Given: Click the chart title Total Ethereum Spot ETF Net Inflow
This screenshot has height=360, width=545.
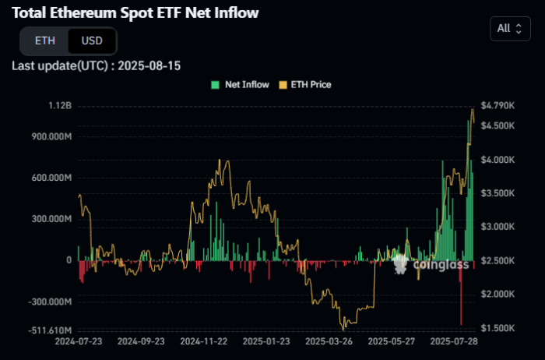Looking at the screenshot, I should point(135,13).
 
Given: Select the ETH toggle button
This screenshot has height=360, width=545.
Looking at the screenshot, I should point(45,41).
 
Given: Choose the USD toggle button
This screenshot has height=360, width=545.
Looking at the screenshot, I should point(92,41).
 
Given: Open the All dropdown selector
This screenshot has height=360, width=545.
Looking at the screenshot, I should point(509,29).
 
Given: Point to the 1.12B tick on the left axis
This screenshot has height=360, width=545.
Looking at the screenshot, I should point(59,105).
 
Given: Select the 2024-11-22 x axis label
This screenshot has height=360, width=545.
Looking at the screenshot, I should point(202,341).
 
